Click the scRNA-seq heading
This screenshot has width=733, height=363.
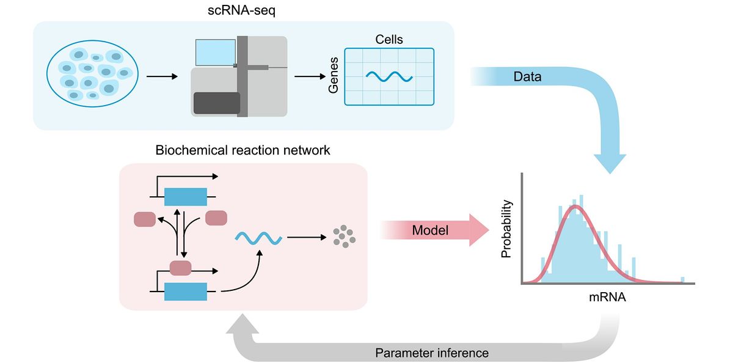click(243, 10)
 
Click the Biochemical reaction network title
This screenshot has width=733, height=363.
click(243, 150)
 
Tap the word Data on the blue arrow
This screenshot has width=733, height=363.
click(527, 78)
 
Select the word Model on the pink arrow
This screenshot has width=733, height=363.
click(430, 231)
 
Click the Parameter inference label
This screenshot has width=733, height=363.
click(432, 353)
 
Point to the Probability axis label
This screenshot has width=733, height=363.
click(506, 229)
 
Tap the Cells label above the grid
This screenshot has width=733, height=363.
click(388, 40)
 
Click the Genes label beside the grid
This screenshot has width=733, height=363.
click(334, 77)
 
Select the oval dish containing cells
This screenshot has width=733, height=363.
click(92, 76)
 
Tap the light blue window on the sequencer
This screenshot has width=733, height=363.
click(215, 53)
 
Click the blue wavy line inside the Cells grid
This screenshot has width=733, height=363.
click(389, 76)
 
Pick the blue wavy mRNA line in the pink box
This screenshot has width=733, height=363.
click(258, 237)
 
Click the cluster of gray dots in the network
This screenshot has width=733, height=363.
click(344, 237)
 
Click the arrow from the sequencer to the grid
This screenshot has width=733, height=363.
click(309, 76)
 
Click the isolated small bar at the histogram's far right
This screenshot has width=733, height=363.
click(682, 280)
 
